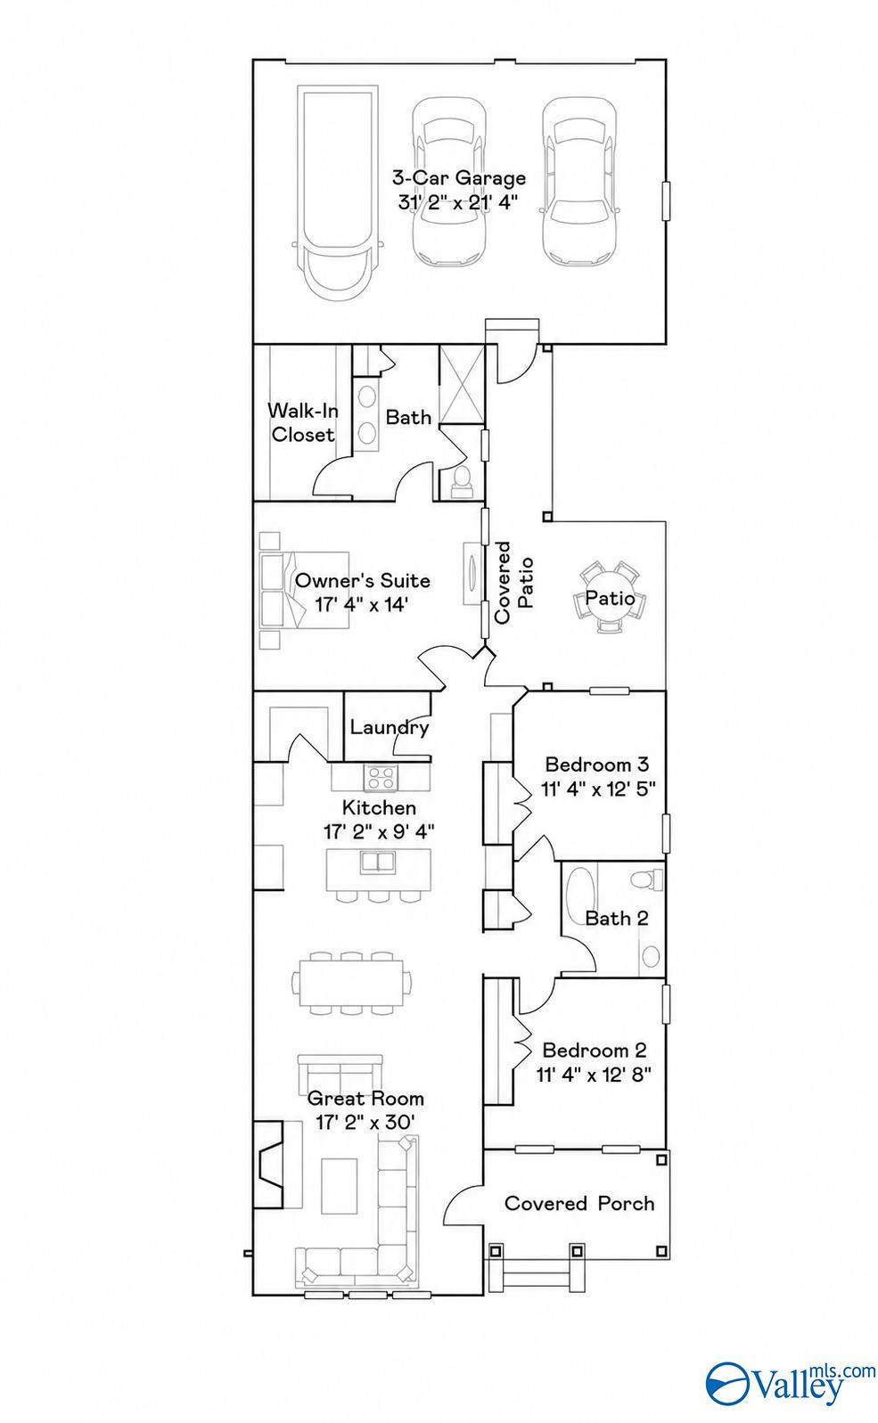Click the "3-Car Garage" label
pos(459,178)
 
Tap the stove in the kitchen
pos(381,778)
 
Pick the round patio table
pos(610,597)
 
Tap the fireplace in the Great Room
pos(268,1164)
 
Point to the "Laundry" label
pos(390,727)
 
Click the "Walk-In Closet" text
pos(302,422)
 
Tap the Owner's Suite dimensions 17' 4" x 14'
pos(361,604)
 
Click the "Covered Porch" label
pos(578,1203)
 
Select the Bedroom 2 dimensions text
pos(594,1075)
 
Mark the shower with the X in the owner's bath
pos(462,384)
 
